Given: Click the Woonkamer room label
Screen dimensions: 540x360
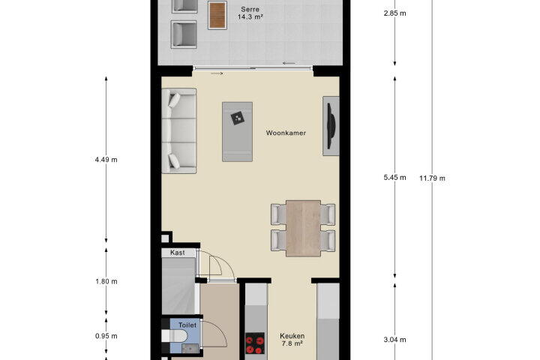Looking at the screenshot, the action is point(286,133).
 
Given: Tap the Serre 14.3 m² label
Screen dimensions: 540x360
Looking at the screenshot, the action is point(250,13).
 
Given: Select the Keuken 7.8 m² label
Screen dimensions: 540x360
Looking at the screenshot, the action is point(292,340).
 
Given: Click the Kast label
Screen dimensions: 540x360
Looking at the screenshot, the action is point(178,253).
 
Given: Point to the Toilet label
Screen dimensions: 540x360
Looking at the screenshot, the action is point(187,325).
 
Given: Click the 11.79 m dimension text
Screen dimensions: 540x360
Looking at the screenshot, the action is point(432,178).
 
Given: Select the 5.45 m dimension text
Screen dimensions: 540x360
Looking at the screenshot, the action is point(394,178).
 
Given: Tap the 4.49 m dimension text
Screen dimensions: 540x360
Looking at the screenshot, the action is point(106,160).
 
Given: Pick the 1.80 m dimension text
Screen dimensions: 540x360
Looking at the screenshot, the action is point(106,281).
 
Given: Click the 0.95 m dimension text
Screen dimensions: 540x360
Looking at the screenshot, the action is point(106,336).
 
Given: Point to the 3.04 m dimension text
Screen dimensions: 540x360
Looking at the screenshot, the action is point(394,340).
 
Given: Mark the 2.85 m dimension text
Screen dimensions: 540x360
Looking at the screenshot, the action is point(394,13).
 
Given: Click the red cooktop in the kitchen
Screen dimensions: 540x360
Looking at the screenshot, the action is point(255,343).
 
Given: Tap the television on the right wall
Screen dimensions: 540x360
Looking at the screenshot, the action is point(331,126).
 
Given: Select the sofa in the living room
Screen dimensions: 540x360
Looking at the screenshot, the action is point(179,131).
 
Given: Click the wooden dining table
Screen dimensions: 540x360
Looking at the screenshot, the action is point(303,229).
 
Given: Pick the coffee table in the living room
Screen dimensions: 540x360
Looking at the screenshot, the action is point(237,131).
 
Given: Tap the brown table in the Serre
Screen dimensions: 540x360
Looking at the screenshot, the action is point(217,15).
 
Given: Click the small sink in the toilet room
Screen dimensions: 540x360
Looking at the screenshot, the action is point(190,349).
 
